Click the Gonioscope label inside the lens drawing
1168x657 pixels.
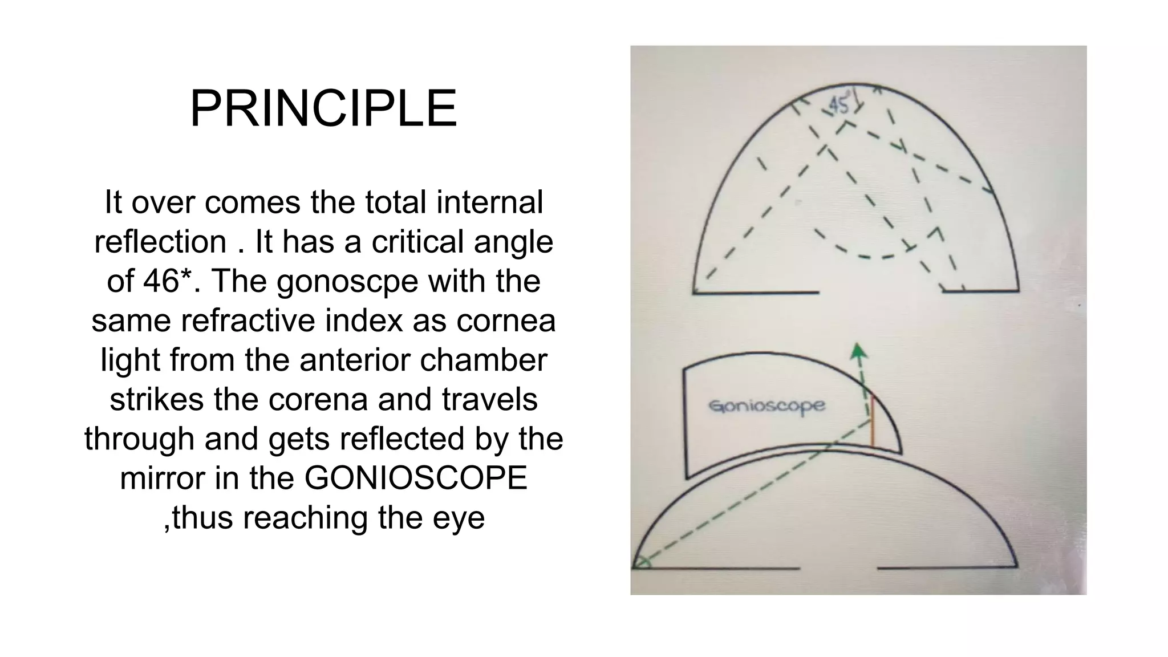point(767,406)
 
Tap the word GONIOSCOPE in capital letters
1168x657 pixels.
point(416,477)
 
